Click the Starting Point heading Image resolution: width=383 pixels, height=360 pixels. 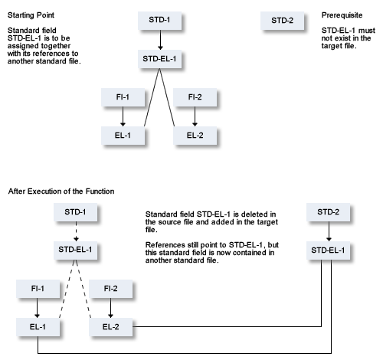(x=31, y=15)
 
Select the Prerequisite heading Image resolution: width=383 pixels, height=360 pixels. (x=342, y=15)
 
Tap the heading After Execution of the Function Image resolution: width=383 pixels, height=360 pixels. (x=61, y=191)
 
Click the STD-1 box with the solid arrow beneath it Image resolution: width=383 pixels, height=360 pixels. (x=160, y=20)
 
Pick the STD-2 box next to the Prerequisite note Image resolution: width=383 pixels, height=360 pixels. (x=283, y=21)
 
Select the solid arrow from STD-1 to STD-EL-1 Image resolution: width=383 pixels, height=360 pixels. (x=160, y=40)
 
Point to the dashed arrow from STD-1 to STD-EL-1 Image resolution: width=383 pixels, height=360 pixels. (x=76, y=231)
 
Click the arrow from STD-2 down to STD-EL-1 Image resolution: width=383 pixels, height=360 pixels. (x=329, y=231)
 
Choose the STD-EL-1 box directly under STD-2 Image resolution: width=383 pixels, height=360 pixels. (x=328, y=250)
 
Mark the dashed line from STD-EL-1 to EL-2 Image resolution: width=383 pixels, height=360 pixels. (x=83, y=289)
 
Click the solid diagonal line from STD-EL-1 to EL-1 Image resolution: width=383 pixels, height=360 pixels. (x=152, y=97)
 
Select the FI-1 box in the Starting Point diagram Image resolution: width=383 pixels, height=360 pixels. (x=123, y=97)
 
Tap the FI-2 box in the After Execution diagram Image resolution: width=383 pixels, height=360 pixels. (x=111, y=289)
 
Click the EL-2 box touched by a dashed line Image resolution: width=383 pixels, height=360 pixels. (x=111, y=327)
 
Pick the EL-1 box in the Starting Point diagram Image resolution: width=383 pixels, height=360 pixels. (x=123, y=136)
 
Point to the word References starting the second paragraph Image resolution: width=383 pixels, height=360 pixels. (x=165, y=245)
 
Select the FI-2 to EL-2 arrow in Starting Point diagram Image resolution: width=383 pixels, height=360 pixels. (x=195, y=116)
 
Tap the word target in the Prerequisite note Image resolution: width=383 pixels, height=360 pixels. (x=331, y=46)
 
